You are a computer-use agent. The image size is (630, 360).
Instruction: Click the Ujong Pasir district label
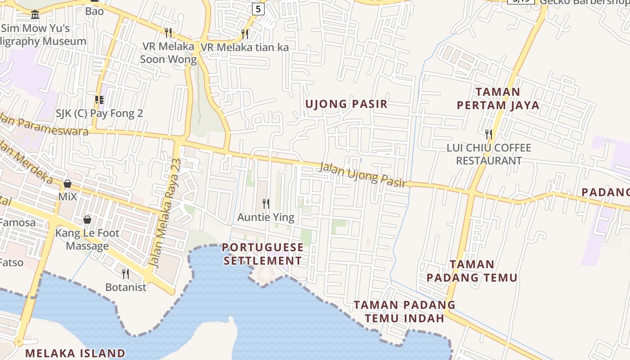click(346, 104)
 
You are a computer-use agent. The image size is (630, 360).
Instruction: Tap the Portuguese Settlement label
click(263, 254)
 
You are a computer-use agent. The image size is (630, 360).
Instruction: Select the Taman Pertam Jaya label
click(498, 99)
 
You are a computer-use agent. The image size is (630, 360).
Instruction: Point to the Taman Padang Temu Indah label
click(404, 311)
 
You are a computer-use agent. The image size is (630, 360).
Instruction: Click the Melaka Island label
click(75, 353)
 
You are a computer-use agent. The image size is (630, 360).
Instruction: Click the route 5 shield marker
click(258, 9)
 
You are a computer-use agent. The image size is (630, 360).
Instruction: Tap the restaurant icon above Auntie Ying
click(266, 204)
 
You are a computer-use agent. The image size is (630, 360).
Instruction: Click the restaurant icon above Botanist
click(126, 274)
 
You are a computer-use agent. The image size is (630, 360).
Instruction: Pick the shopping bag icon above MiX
click(67, 184)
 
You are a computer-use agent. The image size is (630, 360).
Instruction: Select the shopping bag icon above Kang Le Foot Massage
click(87, 220)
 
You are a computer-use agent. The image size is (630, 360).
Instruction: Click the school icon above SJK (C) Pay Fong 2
click(99, 100)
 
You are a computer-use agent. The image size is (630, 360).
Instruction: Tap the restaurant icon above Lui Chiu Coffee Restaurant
click(489, 134)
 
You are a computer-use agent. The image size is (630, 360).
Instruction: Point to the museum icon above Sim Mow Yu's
click(35, 15)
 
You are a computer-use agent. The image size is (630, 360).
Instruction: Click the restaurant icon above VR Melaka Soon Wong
click(168, 32)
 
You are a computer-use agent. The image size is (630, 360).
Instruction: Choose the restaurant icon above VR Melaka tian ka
click(244, 34)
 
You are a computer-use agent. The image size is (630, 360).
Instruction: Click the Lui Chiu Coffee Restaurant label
click(489, 154)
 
